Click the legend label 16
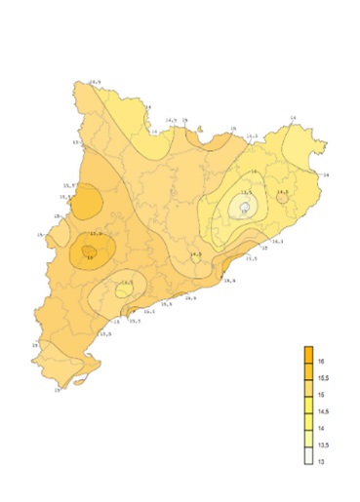pyautogui.click(x=322, y=361)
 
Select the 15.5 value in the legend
pyautogui.click(x=323, y=378)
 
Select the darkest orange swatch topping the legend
pyautogui.click(x=307, y=353)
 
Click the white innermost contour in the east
pyautogui.click(x=245, y=207)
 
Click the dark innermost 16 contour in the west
pyautogui.click(x=89, y=253)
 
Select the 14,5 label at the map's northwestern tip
pyautogui.click(x=96, y=82)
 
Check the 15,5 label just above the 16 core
pyautogui.click(x=96, y=234)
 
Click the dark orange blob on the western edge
pyautogui.click(x=88, y=203)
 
